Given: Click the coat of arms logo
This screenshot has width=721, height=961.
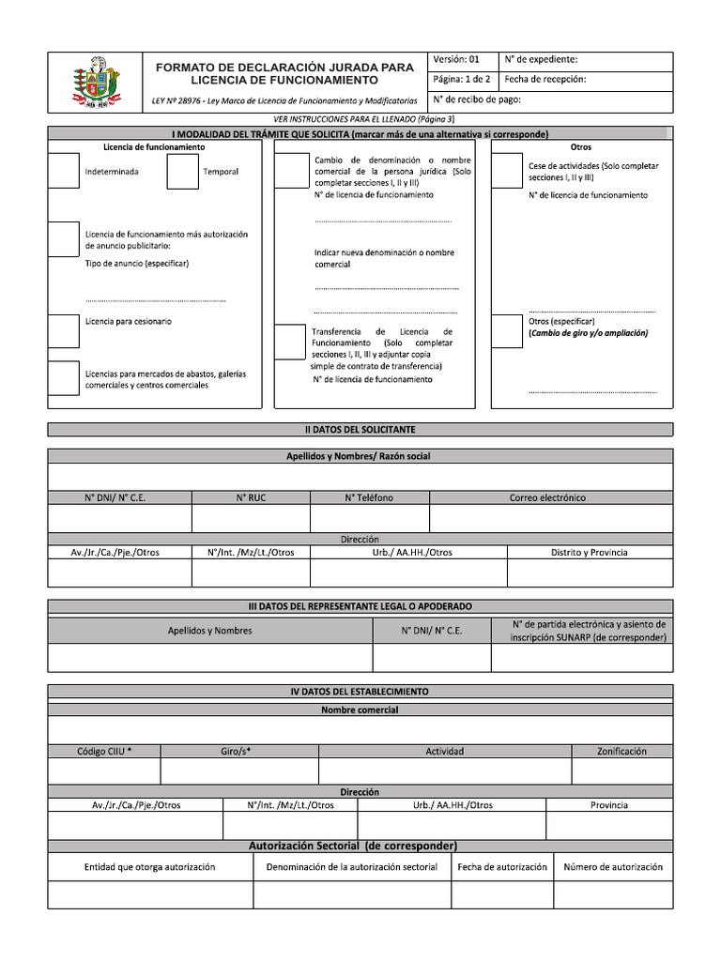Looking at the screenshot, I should pos(93,83).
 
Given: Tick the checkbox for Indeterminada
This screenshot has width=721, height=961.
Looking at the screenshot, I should pos(63,172).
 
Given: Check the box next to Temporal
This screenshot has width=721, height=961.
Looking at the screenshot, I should pos(181,172).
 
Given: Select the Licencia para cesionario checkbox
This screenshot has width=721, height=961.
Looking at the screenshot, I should pos(63,330).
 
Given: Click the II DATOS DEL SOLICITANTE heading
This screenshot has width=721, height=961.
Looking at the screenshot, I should pos(360,429).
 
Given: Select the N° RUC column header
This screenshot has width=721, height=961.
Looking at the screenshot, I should pos(251,497).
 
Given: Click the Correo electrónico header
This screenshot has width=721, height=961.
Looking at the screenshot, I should pos(547,497).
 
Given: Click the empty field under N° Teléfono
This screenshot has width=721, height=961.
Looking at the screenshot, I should pos(369,519).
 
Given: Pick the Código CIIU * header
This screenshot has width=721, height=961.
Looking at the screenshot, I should pos(104,751).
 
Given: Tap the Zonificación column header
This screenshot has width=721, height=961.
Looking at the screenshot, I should pos(621,751).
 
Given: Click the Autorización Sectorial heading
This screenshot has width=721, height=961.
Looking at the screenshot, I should pos(352,846).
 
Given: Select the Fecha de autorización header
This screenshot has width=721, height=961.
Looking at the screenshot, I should pos(501,867).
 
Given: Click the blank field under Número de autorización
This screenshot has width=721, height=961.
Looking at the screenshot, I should pos(613,895).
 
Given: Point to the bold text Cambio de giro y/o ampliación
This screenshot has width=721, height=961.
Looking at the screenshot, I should pos(589,333).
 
